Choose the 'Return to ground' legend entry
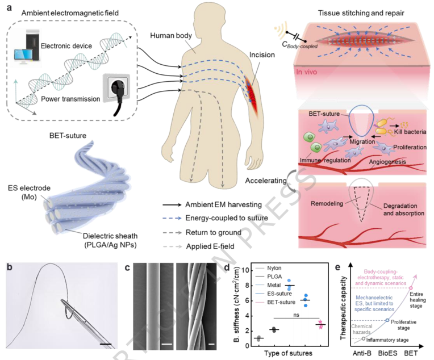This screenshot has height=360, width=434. point(223,233)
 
